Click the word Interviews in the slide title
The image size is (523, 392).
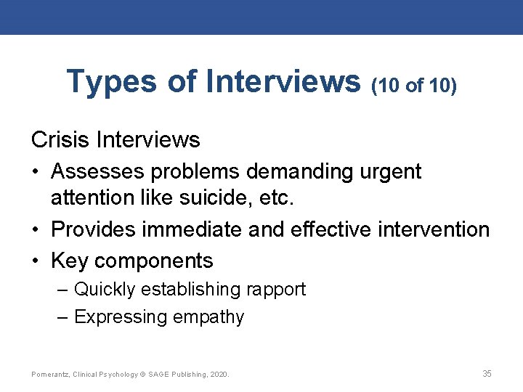pos(283,81)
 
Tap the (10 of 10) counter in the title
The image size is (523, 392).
pos(413,86)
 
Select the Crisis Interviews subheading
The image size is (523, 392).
pos(115,139)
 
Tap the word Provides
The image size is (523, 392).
pos(97,229)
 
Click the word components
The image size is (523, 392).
pos(154,261)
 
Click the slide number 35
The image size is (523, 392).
pos(487,373)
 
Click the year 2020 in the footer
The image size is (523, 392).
pos(218,374)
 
